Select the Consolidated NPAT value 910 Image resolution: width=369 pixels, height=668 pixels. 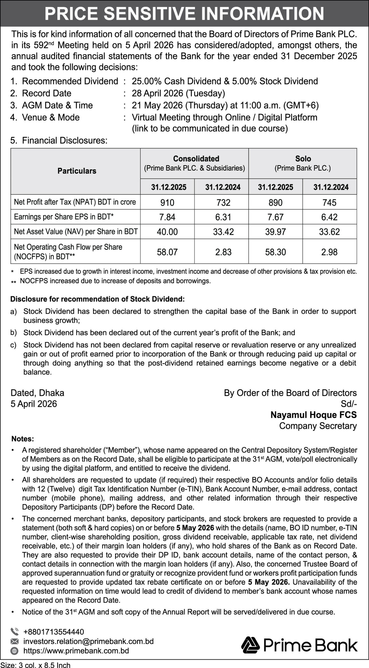[167, 202]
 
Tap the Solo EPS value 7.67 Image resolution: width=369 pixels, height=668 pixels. [275, 217]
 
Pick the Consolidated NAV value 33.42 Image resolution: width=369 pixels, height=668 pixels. [223, 232]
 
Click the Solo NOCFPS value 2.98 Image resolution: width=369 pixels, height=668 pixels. [329, 252]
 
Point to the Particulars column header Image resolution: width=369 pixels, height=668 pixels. [77, 171]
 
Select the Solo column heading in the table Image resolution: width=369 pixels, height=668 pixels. [303, 159]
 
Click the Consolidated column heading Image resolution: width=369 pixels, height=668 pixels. [196, 159]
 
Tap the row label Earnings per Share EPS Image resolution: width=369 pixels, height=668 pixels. [64, 217]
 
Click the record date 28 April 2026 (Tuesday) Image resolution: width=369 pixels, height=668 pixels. [178, 93]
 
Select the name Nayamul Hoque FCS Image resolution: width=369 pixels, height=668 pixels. [313, 415]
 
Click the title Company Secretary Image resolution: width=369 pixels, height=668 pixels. [318, 426]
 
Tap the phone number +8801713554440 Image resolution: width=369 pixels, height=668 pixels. [54, 632]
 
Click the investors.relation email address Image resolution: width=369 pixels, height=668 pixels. [88, 641]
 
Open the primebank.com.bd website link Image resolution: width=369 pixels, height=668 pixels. [76, 651]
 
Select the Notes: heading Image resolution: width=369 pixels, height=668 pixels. [23, 439]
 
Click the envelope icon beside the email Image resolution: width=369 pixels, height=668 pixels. [15, 641]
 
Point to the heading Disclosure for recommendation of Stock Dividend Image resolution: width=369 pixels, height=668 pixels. [97, 299]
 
